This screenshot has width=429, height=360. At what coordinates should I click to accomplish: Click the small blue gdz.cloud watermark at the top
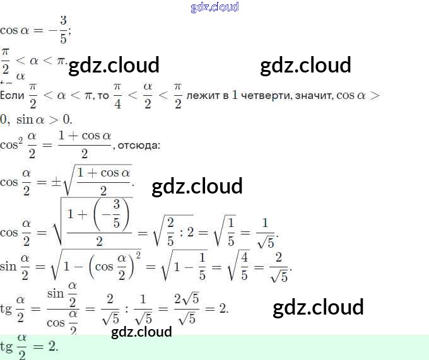[214, 7]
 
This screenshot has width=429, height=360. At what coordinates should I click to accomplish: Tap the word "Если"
[12, 96]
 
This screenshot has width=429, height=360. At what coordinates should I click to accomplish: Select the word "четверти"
[263, 96]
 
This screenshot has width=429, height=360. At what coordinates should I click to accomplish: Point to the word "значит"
[313, 96]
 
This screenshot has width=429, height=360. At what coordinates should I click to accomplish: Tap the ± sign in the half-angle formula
[56, 182]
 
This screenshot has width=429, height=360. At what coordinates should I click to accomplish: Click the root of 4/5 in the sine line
[238, 267]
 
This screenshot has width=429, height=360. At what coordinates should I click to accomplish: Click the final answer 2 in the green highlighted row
[53, 347]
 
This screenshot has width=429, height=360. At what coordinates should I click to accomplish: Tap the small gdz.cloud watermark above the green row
[141, 332]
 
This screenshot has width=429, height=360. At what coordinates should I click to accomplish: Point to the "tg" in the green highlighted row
[6, 347]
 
